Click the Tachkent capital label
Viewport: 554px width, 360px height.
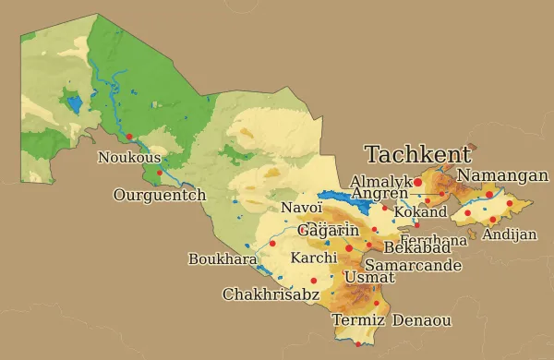[x=417, y=154]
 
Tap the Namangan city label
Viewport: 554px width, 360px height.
[x=502, y=175]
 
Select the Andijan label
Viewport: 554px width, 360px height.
[x=509, y=234]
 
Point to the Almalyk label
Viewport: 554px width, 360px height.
[x=381, y=182]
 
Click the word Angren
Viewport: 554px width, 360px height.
[x=379, y=194]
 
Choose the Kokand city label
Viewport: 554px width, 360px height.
[x=420, y=212]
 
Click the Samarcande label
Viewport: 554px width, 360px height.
[x=413, y=265]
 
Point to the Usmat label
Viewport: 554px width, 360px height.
[x=363, y=277]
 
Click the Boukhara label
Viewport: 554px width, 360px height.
[x=222, y=259]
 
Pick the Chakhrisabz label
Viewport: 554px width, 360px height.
[x=271, y=294]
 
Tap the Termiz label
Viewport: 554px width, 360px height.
[x=357, y=320]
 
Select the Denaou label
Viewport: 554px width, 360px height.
[x=422, y=320]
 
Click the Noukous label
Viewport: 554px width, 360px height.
[x=128, y=158]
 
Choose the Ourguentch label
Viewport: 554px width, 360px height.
[x=159, y=195]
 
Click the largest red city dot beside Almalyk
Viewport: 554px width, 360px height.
[x=417, y=183]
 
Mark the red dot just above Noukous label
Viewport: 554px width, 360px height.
[x=129, y=137]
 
